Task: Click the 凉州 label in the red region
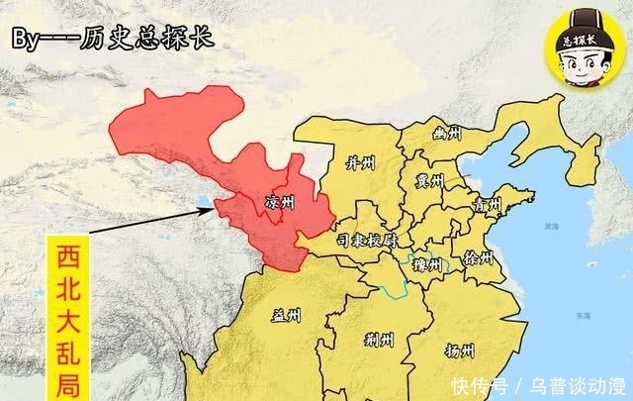point(281,202)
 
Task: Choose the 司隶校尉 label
point(367,241)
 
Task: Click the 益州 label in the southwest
point(287,317)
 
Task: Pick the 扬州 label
point(460,351)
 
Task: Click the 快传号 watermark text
point(480,384)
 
